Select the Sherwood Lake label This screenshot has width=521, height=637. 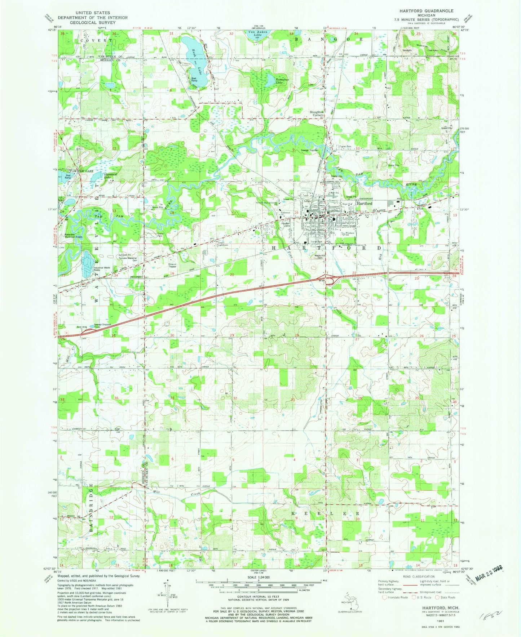[101, 176]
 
